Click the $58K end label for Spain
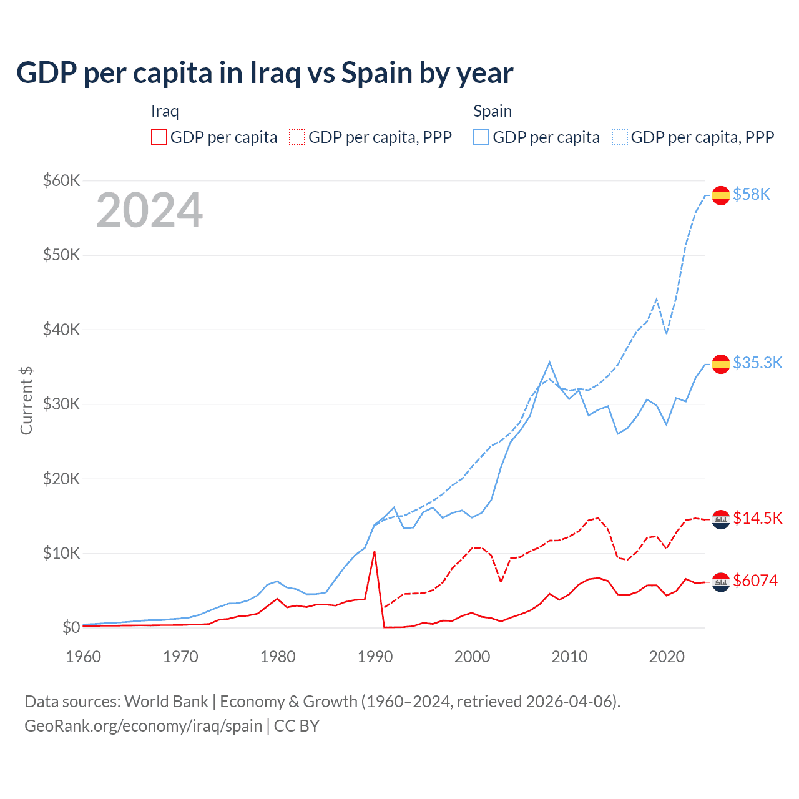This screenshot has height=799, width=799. tap(752, 195)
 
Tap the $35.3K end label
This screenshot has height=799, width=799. tap(757, 363)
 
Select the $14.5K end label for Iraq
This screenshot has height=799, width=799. tap(757, 518)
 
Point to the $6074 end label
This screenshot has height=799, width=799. tap(755, 581)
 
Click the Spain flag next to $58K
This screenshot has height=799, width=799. tap(721, 195)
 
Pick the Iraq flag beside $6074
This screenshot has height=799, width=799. tap(721, 582)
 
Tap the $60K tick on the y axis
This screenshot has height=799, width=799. tap(61, 181)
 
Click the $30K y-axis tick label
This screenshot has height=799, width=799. tap(61, 404)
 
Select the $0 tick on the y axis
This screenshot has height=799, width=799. tap(71, 627)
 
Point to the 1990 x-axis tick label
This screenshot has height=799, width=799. tap(375, 657)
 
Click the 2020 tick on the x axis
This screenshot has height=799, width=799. tap(667, 657)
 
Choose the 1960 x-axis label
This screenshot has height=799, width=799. tap(84, 657)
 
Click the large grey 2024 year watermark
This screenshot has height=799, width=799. tap(149, 210)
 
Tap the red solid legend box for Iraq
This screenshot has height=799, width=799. tap(159, 137)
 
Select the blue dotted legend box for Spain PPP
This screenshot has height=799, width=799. tap(620, 137)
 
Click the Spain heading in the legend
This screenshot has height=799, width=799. tap(493, 111)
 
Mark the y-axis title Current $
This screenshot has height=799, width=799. tap(26, 401)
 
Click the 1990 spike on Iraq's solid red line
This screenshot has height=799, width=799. tap(374, 552)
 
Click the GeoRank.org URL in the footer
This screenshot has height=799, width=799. tap(143, 726)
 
